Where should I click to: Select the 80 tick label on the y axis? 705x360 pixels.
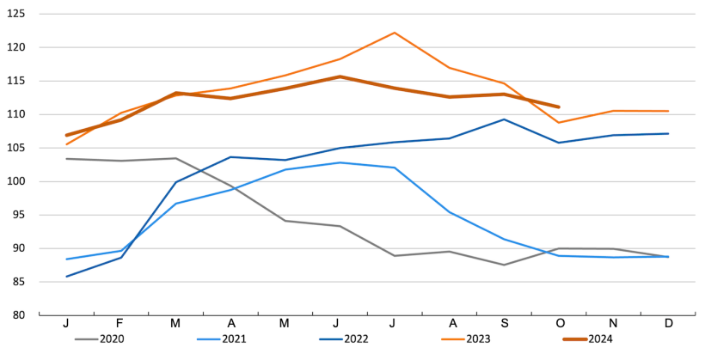pos(19,315)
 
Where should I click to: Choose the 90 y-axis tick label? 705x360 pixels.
pos(19,248)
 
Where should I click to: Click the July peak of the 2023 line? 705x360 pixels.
pos(395,33)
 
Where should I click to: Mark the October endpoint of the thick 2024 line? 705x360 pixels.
pos(559,107)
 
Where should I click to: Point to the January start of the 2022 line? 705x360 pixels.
pos(66,277)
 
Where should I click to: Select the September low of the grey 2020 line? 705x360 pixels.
pos(504,265)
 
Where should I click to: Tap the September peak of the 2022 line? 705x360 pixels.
pos(504,119)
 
